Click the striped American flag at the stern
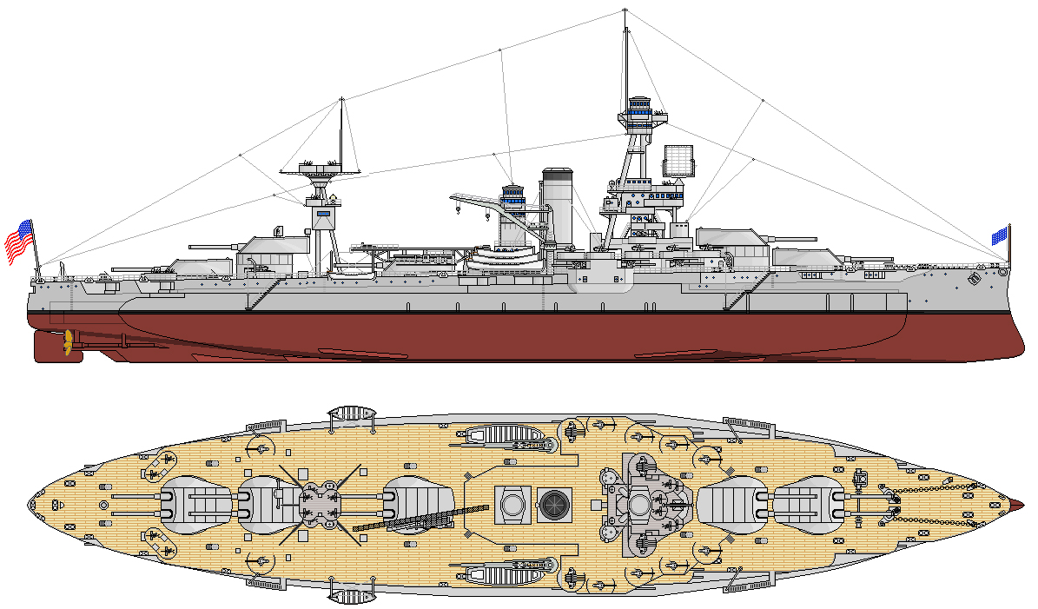tap(20, 241)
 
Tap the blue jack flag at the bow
tap(1000, 235)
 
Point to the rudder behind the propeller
tap(47, 346)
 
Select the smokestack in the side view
tap(557, 205)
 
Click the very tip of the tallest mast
tap(625, 10)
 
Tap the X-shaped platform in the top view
tap(318, 504)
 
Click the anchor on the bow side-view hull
tap(973, 277)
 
